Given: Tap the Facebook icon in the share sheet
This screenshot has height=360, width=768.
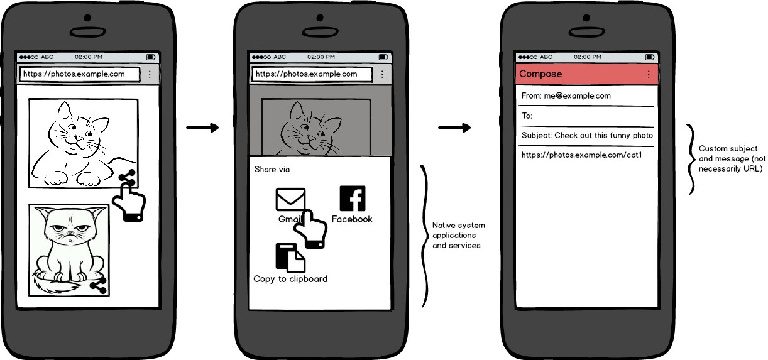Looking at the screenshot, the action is point(353,199).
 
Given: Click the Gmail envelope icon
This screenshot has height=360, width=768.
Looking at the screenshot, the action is point(290,199).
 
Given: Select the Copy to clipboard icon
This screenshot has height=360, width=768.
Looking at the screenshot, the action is point(290,258).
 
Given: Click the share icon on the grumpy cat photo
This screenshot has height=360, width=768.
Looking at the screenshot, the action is point(99,286).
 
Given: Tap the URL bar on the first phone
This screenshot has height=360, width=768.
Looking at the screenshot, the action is point(80,74).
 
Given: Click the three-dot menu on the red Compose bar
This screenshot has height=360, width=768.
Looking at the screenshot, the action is point(649,74).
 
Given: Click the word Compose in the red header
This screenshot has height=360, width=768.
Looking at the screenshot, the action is point(540,74).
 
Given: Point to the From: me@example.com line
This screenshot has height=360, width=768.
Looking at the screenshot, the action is point(566,96).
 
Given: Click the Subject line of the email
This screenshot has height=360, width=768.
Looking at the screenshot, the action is point(587,136).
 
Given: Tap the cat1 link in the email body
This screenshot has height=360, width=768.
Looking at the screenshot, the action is point(581,155).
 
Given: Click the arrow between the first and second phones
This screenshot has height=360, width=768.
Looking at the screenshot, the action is point(202,128).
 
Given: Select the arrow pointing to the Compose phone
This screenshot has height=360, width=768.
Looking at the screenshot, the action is point(454,128).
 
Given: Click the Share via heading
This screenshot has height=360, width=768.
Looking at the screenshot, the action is point(272,170).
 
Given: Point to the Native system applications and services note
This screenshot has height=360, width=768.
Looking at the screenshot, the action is point(458,235).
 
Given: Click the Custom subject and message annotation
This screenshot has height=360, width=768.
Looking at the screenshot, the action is point(732,158).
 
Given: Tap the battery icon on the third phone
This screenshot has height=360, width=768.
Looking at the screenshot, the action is point(650,57).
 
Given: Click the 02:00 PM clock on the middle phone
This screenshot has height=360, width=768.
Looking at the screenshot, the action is point(321,57).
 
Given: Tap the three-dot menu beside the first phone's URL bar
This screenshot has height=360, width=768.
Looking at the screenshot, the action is point(150,74).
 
